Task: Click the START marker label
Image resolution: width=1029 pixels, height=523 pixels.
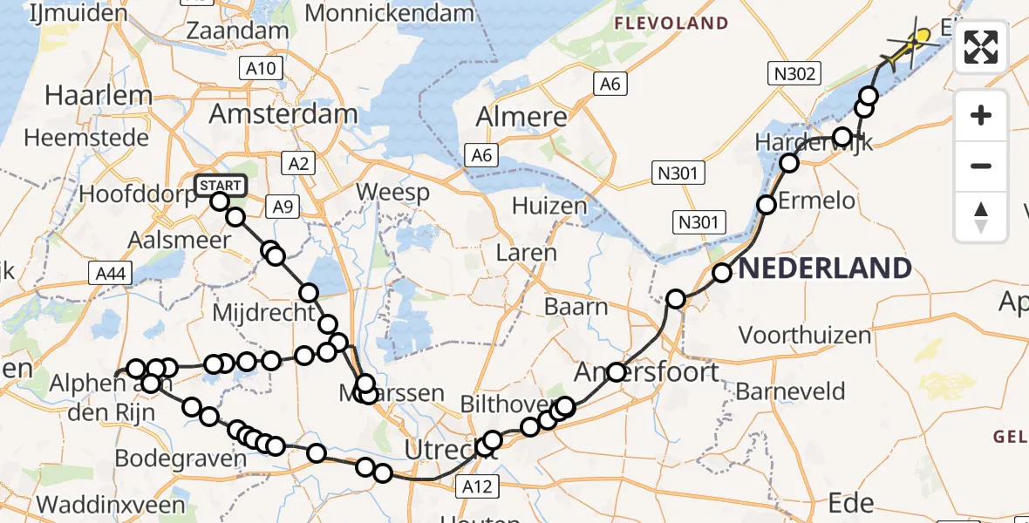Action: coord(221,185)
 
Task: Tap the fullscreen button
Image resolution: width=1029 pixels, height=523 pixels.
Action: coord(981,47)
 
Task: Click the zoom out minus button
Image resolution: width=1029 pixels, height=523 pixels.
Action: coord(981,166)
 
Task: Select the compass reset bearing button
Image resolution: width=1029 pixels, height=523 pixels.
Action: coord(981,215)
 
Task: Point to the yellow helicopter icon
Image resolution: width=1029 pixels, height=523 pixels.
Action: coord(913,44)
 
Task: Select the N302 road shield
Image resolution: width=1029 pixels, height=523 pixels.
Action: coord(793,74)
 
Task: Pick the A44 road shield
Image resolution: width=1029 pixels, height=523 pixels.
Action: coord(110,274)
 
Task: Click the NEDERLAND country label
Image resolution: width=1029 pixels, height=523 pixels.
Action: coord(825,268)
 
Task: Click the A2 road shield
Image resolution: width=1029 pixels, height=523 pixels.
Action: coord(298,163)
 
